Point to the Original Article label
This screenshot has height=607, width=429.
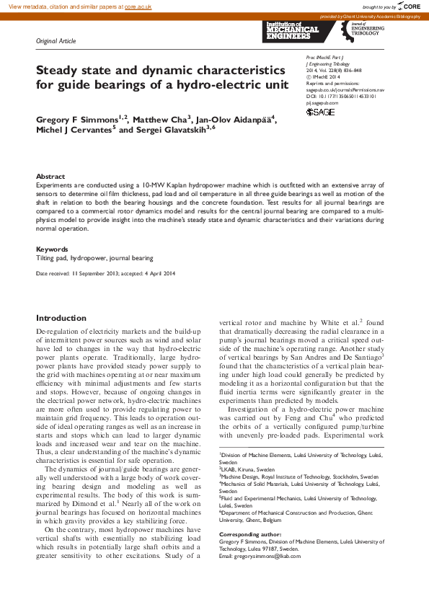(x=56, y=41)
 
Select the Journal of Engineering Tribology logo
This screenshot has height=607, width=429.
(x=366, y=30)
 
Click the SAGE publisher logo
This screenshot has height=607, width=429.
(x=320, y=112)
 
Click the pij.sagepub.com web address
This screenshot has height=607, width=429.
(x=322, y=103)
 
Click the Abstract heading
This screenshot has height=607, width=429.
(x=50, y=176)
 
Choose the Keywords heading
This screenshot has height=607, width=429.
(x=53, y=249)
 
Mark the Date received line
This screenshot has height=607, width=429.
(x=105, y=274)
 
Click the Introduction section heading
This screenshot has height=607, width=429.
(x=61, y=318)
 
